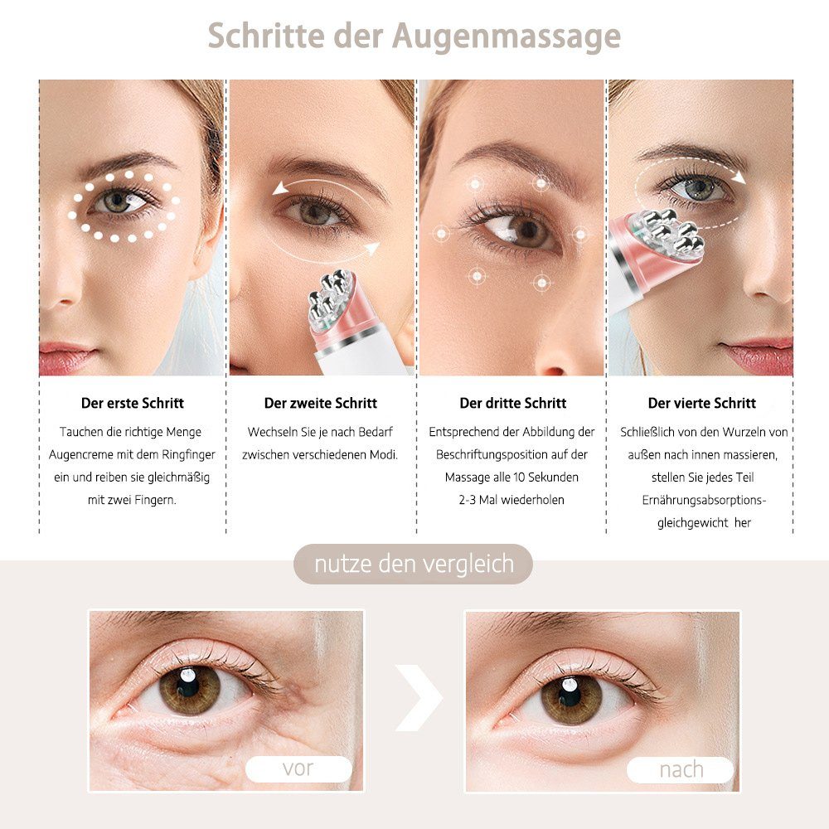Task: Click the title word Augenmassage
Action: pos(507,37)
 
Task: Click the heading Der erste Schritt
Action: pos(133,404)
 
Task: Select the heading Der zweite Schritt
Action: pos(321,404)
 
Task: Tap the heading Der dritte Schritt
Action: pos(513,404)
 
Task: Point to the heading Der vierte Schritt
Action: pos(702,404)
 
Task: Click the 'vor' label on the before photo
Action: pos(298,768)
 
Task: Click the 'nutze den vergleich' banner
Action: pos(414,565)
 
